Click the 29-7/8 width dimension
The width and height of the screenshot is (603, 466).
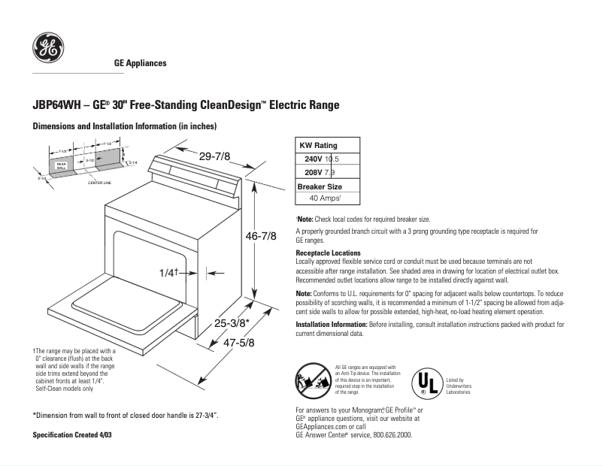pos(214,156)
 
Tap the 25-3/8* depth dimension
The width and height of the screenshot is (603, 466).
pos(232,323)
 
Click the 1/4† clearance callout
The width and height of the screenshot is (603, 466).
pos(169,273)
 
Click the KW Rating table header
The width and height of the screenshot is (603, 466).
pos(318,145)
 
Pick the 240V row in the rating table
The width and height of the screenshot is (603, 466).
pos(322,159)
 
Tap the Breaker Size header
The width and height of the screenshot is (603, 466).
pos(320,186)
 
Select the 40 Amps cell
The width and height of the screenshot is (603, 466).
pos(326,198)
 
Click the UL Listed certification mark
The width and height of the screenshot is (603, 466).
pos(426,382)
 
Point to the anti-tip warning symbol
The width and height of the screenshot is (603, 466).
pos(311,380)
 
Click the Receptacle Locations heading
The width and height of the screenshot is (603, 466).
pos(328,253)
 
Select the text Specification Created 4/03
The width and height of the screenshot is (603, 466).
pos(74,435)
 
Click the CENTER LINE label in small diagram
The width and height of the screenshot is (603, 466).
pos(100,183)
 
